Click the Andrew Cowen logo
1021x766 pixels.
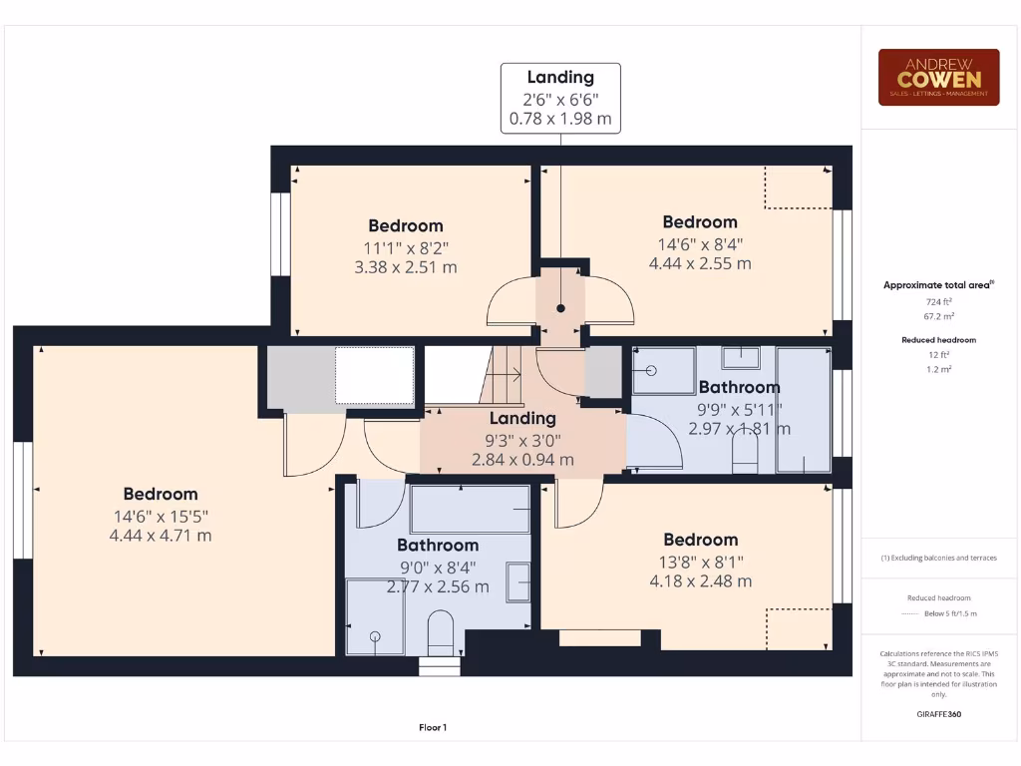click(x=938, y=78)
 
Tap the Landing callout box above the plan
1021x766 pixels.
click(x=560, y=98)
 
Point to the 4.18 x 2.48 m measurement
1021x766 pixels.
click(x=700, y=581)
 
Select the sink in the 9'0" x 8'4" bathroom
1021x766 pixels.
click(x=517, y=581)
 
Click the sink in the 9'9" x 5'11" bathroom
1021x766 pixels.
click(x=740, y=357)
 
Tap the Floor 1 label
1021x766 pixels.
click(x=433, y=727)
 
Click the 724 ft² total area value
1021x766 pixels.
click(x=938, y=301)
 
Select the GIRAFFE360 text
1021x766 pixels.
click(x=938, y=714)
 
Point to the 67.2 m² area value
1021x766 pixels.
click(x=938, y=316)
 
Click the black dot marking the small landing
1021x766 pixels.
click(x=560, y=308)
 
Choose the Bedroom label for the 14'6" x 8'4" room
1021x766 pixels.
click(x=700, y=221)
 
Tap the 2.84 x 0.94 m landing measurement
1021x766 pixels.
click(x=522, y=460)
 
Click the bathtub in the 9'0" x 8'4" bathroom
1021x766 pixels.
click(x=470, y=509)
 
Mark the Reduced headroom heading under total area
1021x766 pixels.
click(x=938, y=340)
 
